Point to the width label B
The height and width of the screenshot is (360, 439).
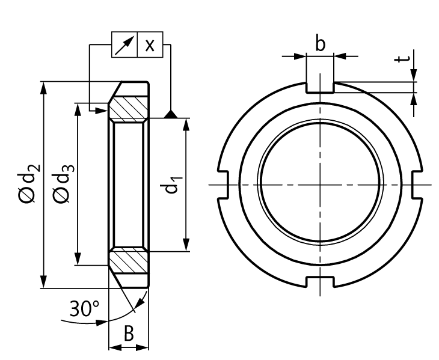[x=128, y=334]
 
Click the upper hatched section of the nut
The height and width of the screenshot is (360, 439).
[x=129, y=108]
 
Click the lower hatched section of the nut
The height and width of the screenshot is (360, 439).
[x=129, y=260]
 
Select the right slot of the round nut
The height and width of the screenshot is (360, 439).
[x=419, y=184]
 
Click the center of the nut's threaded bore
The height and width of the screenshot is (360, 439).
[x=320, y=184]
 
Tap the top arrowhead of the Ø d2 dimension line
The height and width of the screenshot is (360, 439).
[x=43, y=87]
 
